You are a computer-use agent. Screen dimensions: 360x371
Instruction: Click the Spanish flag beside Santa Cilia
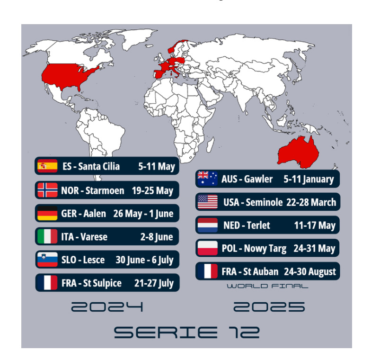click(x=47, y=166)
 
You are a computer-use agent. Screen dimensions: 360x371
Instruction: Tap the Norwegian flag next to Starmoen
click(x=47, y=190)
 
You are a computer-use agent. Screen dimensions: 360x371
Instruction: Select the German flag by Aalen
click(x=47, y=214)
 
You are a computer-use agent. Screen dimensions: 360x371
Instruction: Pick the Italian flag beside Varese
click(x=47, y=237)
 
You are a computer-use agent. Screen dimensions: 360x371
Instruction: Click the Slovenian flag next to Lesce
click(x=47, y=260)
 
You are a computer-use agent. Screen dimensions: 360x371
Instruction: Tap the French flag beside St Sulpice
click(x=47, y=283)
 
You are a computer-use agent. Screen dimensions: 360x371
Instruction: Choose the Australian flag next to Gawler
click(x=207, y=179)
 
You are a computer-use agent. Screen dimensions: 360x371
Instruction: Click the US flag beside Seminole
click(x=207, y=202)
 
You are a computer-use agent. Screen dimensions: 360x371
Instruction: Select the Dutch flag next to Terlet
click(x=207, y=225)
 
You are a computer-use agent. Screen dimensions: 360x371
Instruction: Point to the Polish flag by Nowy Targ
click(x=207, y=248)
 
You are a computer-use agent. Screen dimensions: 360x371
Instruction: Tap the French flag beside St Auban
click(x=207, y=271)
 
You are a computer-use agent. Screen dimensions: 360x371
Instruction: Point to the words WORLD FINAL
click(x=267, y=286)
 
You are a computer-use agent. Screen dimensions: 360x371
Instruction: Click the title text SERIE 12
click(x=186, y=332)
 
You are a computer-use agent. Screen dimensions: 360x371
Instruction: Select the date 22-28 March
click(x=311, y=202)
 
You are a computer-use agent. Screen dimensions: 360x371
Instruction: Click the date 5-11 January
click(x=309, y=179)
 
